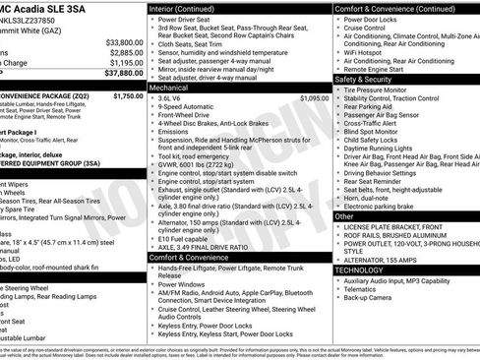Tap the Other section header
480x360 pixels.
[345, 215]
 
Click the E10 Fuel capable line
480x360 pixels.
[183, 237]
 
